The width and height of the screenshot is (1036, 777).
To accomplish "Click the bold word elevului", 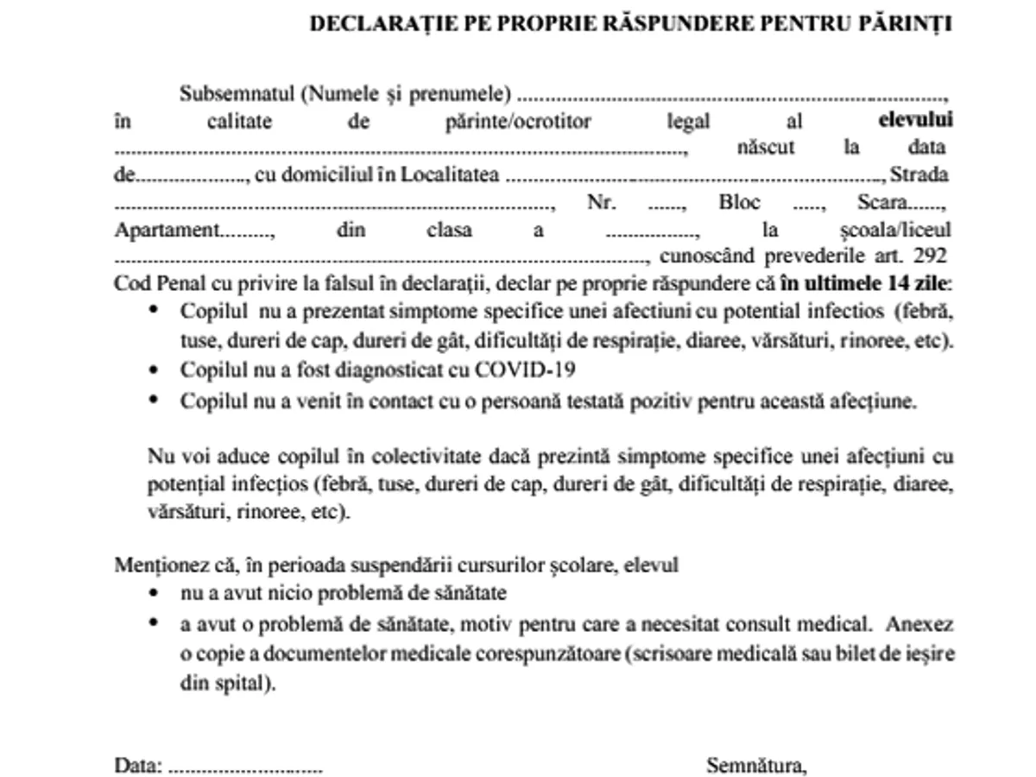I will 915,121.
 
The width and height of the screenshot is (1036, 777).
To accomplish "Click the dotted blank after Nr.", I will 666,204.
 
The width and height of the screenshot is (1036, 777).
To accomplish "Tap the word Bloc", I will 739,203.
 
